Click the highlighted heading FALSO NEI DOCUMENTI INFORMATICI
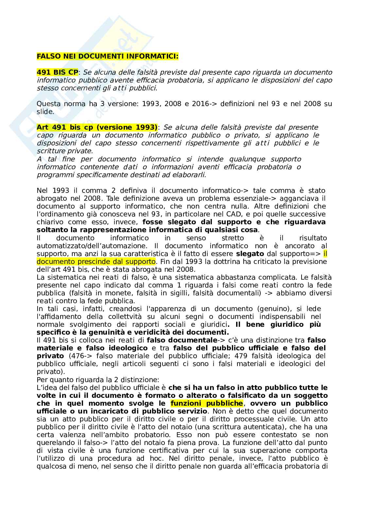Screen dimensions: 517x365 (x=108, y=56)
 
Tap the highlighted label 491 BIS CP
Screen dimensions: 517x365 (x=57, y=72)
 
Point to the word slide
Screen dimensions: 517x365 (x=45, y=112)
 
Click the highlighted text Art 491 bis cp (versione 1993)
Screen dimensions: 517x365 (x=97, y=127)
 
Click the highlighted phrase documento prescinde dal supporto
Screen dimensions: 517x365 (x=96, y=262)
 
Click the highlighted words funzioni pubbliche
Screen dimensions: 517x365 (x=207, y=403)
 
